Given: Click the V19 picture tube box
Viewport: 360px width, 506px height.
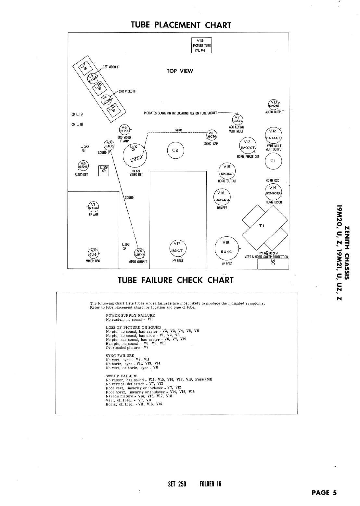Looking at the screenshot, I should (201, 45).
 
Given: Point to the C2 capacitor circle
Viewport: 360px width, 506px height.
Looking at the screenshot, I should (175, 150).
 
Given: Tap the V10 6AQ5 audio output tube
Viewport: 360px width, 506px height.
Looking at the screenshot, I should (274, 104).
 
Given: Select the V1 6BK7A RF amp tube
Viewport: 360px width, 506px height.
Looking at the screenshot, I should (93, 206).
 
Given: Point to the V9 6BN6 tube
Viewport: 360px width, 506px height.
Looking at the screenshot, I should (84, 166).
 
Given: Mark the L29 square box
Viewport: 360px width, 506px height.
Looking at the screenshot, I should (104, 171).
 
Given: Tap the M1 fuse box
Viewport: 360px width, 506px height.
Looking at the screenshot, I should (273, 263).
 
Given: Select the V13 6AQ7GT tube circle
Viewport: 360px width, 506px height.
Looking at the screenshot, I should (248, 145).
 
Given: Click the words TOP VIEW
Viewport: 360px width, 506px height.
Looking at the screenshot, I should (180, 71).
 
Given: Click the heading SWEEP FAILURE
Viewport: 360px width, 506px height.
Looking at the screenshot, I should (122, 376).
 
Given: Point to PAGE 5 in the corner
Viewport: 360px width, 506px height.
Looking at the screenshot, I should (324, 493).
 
